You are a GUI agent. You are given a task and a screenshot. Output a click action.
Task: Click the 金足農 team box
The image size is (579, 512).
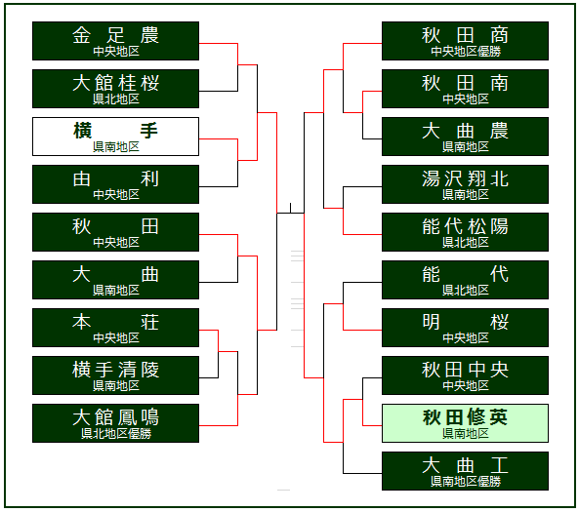click(115, 41)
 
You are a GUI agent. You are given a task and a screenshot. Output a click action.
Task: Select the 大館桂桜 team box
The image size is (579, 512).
click(115, 89)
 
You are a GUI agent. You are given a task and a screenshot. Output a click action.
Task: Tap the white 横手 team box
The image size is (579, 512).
click(115, 137)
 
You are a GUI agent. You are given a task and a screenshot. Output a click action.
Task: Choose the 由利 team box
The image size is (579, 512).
click(115, 184)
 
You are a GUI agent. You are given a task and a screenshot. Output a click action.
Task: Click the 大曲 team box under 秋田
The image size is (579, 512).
click(115, 280)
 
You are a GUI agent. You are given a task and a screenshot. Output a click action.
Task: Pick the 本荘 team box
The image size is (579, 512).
click(115, 328)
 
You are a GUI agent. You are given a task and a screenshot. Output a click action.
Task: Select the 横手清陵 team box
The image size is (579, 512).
click(115, 375)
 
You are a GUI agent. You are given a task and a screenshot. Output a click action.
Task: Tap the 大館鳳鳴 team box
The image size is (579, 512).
click(115, 423)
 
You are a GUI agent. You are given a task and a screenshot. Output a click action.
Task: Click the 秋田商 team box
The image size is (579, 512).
click(465, 41)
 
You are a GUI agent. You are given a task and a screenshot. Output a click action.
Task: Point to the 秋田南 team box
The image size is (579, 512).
click(465, 89)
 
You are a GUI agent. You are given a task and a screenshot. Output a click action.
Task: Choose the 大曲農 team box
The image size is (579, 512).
click(465, 137)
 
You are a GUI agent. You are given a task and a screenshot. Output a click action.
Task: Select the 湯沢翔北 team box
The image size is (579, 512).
click(465, 184)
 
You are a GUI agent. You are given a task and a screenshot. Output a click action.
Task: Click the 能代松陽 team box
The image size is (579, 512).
click(465, 232)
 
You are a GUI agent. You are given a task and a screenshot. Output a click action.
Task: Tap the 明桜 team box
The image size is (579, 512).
click(465, 328)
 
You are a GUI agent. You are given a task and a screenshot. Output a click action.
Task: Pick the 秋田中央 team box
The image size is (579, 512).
click(465, 375)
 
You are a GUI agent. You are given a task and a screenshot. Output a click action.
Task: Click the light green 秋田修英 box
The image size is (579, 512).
click(465, 423)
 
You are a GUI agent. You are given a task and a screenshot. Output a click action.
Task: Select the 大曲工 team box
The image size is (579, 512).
click(465, 471)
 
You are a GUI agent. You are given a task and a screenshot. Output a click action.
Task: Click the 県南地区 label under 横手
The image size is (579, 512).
click(116, 147)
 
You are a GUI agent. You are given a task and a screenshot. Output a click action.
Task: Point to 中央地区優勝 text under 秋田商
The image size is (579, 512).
click(466, 52)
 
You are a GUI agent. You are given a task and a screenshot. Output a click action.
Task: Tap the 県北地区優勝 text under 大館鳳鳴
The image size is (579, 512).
click(116, 433)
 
